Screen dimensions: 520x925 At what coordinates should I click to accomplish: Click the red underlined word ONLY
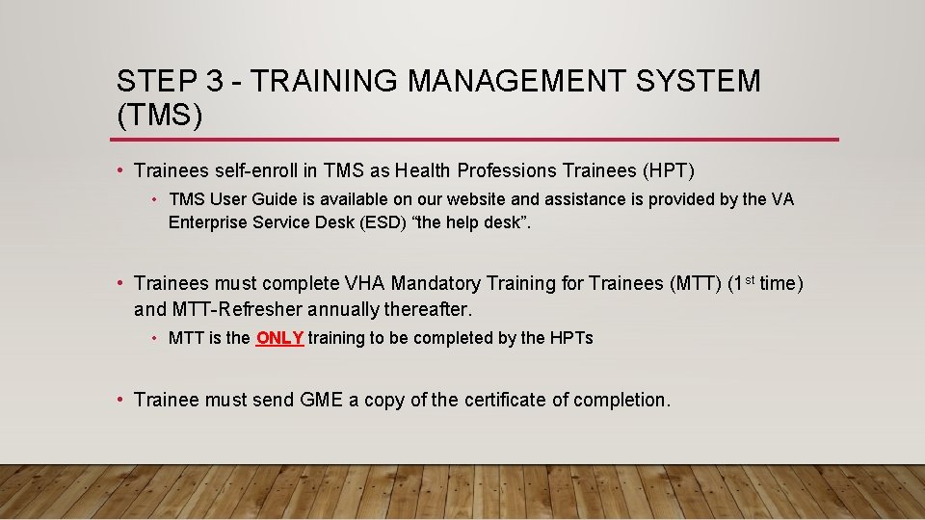pyautogui.click(x=279, y=338)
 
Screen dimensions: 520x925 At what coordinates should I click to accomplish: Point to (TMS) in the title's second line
pyautogui.click(x=160, y=116)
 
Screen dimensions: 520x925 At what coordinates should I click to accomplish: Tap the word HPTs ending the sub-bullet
pyautogui.click(x=571, y=338)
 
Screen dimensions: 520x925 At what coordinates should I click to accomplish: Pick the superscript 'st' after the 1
pyautogui.click(x=748, y=280)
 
